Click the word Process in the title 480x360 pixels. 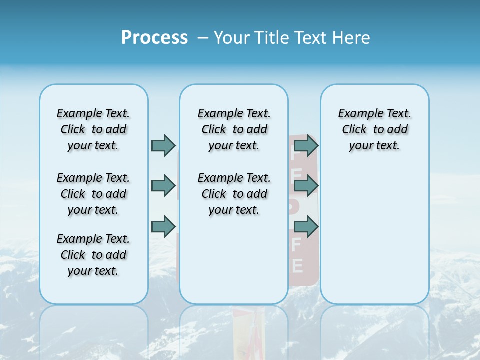[154, 38]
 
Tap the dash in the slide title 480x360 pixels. [203, 38]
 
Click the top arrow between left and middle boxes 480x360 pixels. [163, 145]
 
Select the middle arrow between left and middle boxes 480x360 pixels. [163, 186]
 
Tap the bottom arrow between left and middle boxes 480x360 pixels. [163, 226]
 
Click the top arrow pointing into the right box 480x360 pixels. [306, 145]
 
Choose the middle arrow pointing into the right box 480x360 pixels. [306, 186]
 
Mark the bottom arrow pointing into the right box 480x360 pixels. [306, 227]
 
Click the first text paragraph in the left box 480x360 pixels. [93, 129]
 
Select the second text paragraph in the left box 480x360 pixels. [93, 194]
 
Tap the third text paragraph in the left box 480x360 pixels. [93, 255]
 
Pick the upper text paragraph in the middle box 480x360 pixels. [234, 129]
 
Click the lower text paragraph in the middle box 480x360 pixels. [234, 194]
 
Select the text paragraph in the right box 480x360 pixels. [374, 129]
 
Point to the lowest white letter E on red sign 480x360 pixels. [297, 266]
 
